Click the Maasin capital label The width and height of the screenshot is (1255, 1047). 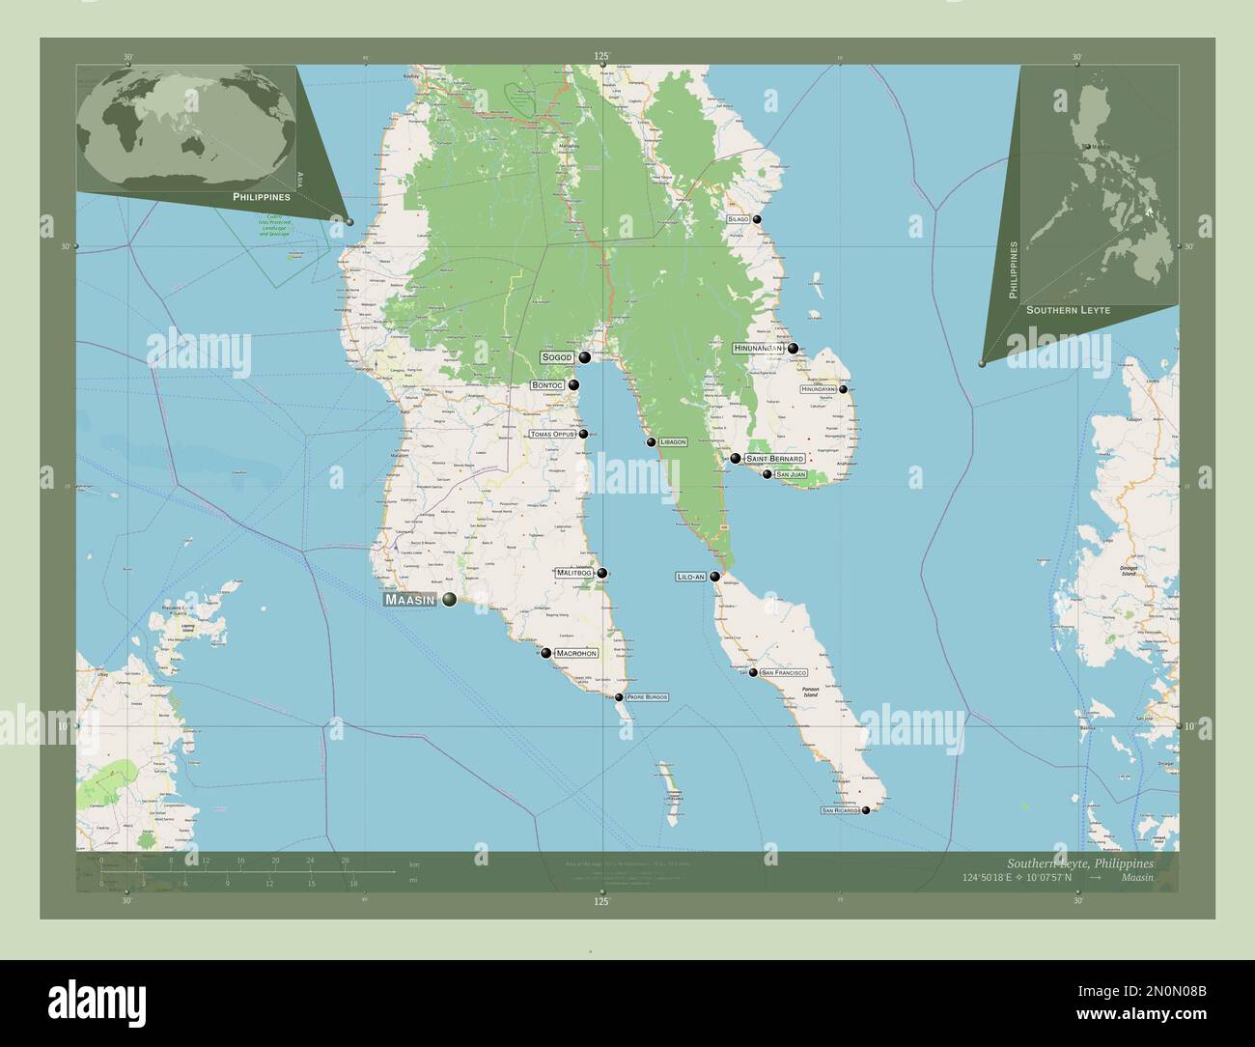pyautogui.click(x=411, y=601)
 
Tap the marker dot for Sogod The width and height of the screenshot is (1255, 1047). pyautogui.click(x=585, y=357)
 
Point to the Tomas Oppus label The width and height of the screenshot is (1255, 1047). pyautogui.click(x=552, y=435)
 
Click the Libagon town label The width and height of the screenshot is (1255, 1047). pyautogui.click(x=673, y=442)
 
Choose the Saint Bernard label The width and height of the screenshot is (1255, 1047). pyautogui.click(x=774, y=458)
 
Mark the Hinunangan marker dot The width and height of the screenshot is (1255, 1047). pyautogui.click(x=793, y=349)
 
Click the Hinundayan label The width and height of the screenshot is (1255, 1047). pyautogui.click(x=817, y=389)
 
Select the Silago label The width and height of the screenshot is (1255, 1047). pyautogui.click(x=738, y=219)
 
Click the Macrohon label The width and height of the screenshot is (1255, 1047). pyautogui.click(x=576, y=653)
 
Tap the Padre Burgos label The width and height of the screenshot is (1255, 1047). pyautogui.click(x=647, y=696)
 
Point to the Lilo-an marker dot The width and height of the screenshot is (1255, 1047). pyautogui.click(x=714, y=577)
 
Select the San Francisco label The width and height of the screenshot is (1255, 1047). pyautogui.click(x=784, y=671)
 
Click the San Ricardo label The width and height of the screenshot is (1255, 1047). pyautogui.click(x=839, y=810)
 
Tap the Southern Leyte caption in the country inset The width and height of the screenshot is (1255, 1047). pyautogui.click(x=1068, y=311)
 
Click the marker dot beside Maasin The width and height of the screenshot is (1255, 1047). pyautogui.click(x=449, y=601)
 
